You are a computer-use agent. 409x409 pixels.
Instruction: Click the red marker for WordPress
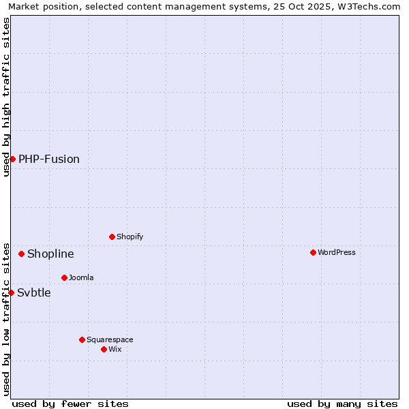tap(313, 252)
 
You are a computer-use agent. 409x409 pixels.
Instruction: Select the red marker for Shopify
tap(112, 237)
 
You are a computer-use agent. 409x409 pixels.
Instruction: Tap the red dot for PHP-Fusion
tap(12, 159)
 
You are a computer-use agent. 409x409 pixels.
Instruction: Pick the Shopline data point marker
tap(21, 254)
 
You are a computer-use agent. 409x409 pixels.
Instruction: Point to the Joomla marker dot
tap(64, 277)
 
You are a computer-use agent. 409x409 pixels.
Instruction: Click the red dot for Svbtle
tap(11, 292)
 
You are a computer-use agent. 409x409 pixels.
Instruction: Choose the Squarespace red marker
tap(82, 339)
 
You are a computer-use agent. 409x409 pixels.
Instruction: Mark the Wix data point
tap(104, 349)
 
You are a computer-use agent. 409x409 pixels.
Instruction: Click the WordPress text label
tap(337, 252)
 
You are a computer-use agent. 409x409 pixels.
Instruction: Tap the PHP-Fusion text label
tap(49, 159)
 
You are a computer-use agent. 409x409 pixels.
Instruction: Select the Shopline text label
tap(50, 254)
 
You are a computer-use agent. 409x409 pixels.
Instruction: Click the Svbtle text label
tap(34, 292)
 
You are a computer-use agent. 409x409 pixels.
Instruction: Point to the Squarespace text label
tap(110, 339)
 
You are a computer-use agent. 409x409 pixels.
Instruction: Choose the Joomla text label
tap(81, 277)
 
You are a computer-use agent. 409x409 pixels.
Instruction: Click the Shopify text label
tap(130, 237)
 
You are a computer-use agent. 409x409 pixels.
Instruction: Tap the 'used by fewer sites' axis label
tap(70, 404)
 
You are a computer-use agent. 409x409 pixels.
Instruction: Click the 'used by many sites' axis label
tap(342, 404)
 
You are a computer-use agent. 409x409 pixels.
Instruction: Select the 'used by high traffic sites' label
tap(6, 97)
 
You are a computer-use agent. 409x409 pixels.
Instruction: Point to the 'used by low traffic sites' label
tap(6, 318)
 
